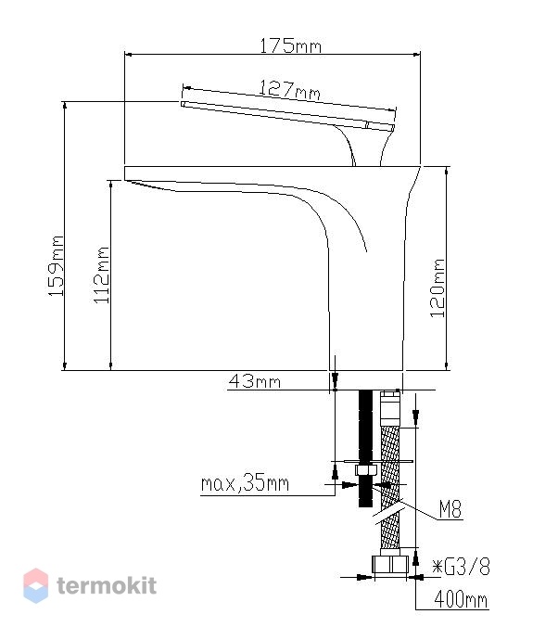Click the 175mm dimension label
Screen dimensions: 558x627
pos(290,45)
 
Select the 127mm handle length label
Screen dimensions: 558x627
pos(289,90)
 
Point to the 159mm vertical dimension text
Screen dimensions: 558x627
pos(56,266)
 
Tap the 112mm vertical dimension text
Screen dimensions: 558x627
pos(102,275)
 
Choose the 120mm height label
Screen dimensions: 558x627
pos(438,288)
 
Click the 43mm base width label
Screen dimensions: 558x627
pos(255,381)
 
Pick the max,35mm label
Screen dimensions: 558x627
pos(245,484)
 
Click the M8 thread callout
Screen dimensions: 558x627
pos(450,509)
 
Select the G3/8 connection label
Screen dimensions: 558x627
pos(462,567)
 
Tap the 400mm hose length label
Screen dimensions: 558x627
pos(461,599)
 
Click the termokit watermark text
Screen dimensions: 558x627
pos(107,586)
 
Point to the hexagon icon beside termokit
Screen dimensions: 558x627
pos(36,586)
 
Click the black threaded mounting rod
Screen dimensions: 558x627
pos(365,448)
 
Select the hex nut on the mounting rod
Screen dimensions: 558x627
pos(365,470)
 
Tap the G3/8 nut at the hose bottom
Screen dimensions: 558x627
pos(390,565)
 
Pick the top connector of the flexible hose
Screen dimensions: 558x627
pos(390,409)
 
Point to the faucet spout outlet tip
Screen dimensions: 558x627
pos(125,173)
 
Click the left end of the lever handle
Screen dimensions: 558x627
pos(183,105)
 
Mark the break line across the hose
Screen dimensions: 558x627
pos(390,512)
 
